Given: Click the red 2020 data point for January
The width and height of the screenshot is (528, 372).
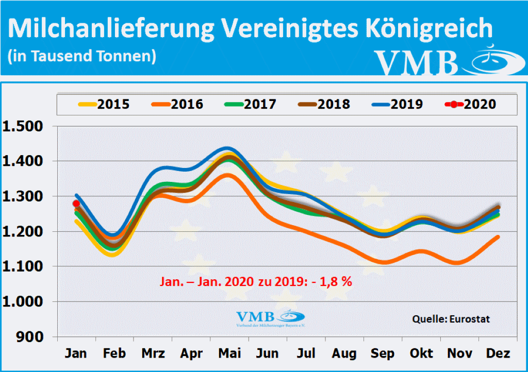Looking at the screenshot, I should pyautogui.click(x=76, y=204).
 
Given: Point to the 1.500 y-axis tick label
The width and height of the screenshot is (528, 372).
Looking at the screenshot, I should pyautogui.click(x=25, y=126).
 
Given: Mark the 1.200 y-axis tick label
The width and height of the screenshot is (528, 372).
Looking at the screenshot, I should pyautogui.click(x=25, y=231).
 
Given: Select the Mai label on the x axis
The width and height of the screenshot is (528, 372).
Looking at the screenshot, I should pyautogui.click(x=229, y=353).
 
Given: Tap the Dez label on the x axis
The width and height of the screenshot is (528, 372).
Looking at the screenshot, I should pyautogui.click(x=498, y=353).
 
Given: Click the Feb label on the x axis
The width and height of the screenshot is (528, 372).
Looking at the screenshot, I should pyautogui.click(x=114, y=353).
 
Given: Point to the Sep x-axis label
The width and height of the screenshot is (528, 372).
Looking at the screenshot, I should pyautogui.click(x=382, y=353).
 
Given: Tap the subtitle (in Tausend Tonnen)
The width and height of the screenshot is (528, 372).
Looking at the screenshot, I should pyautogui.click(x=82, y=55).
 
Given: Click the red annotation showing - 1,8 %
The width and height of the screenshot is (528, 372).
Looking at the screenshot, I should pyautogui.click(x=256, y=282).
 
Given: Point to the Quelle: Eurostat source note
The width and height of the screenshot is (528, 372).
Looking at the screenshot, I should pyautogui.click(x=451, y=319).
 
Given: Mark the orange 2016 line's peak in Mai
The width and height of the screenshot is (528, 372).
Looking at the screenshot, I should pyautogui.click(x=229, y=175).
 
